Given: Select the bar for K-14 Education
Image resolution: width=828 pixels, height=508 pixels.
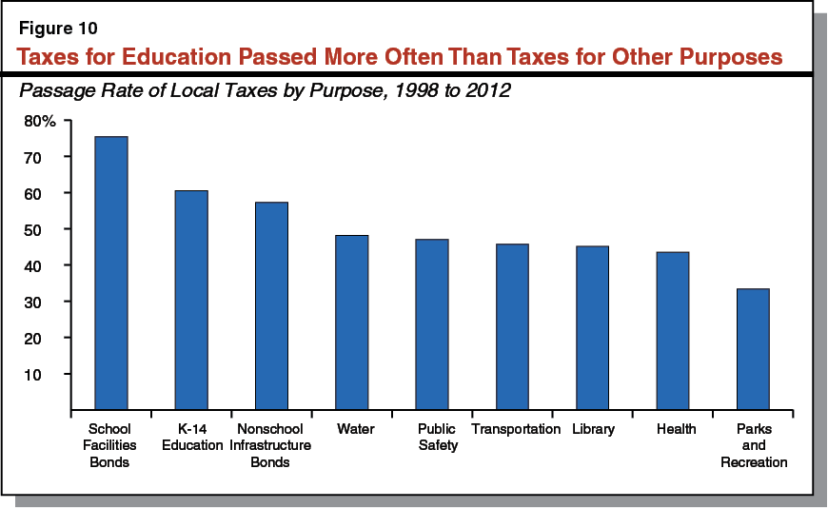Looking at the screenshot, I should pyautogui.click(x=191, y=301).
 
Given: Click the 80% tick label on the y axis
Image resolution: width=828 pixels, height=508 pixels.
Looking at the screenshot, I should pyautogui.click(x=41, y=121).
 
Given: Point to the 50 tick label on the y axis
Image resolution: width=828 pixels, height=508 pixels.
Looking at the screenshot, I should pyautogui.click(x=47, y=229).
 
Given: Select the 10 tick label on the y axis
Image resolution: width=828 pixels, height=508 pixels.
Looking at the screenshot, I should pyautogui.click(x=47, y=375).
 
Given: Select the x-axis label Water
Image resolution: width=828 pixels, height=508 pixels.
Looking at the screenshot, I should pyautogui.click(x=355, y=429).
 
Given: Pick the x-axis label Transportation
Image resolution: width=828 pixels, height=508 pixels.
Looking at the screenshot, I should pyautogui.click(x=516, y=429).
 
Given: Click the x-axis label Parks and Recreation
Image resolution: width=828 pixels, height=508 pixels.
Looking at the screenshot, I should pyautogui.click(x=753, y=445).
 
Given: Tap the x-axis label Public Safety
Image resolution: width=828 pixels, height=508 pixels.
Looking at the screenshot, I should pyautogui.click(x=437, y=437).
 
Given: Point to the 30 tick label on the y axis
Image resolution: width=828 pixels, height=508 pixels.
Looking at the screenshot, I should pyautogui.click(x=47, y=302).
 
